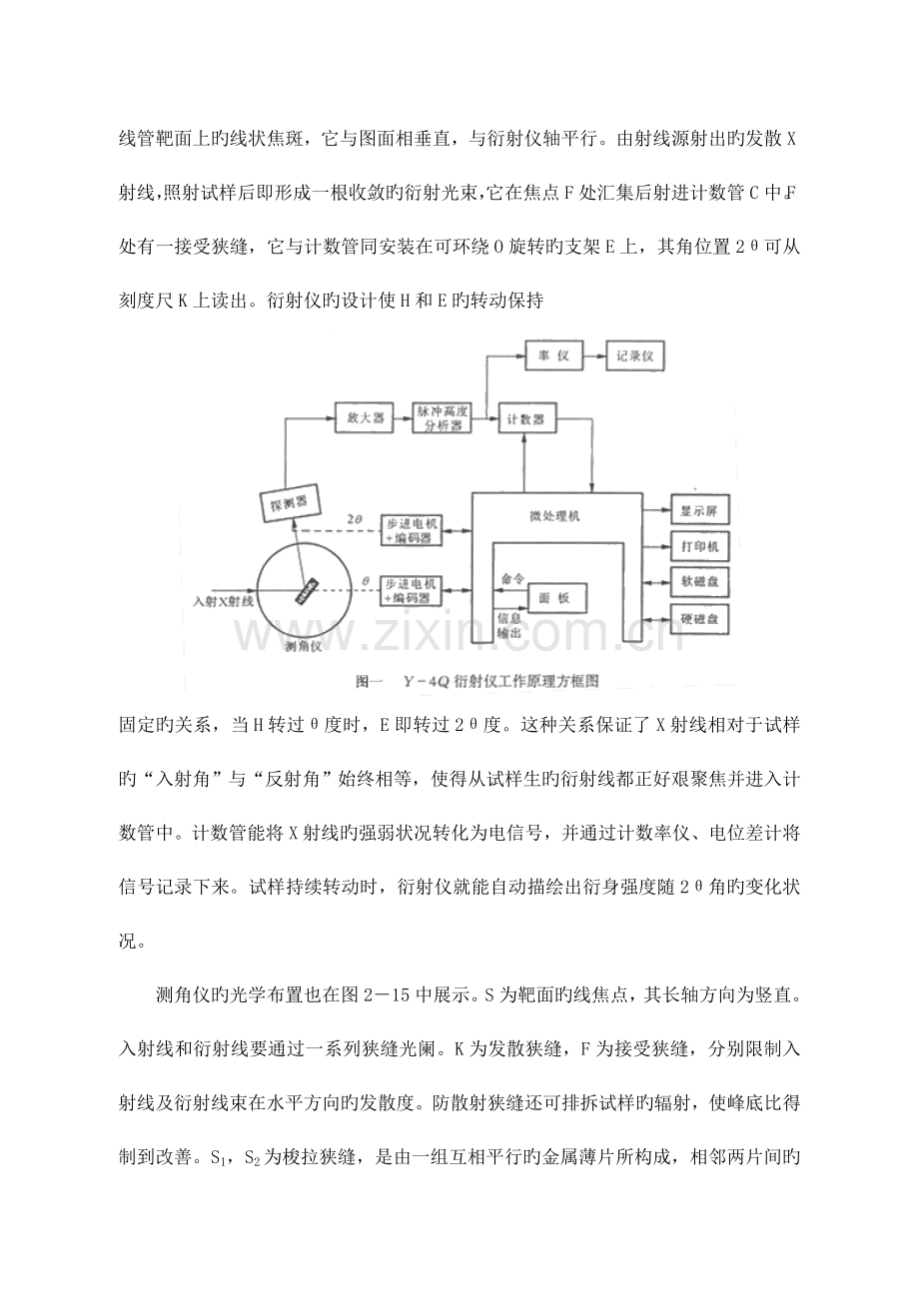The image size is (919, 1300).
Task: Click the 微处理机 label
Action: coord(554,516)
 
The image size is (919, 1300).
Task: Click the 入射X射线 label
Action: coord(224,602)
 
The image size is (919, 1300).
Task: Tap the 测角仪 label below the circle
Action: coord(303,647)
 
